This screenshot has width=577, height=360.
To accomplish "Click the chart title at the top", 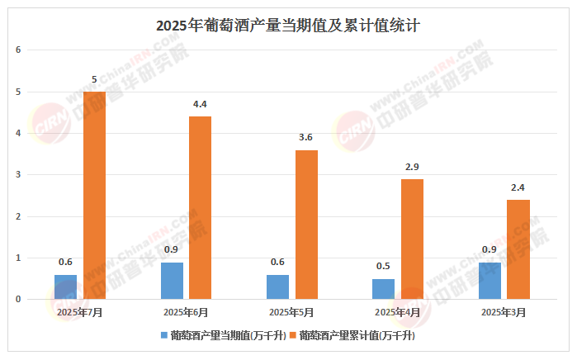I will [x=288, y=25].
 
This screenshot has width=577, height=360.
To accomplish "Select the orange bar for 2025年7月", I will [x=94, y=195].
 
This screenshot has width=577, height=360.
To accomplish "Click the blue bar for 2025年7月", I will [x=65, y=287].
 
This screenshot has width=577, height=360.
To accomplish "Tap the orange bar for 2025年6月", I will [x=200, y=207].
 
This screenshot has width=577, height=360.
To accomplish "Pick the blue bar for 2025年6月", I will [x=172, y=281].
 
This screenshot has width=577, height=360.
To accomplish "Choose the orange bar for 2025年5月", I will [x=306, y=224].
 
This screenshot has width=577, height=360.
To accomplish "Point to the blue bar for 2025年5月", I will [x=277, y=287].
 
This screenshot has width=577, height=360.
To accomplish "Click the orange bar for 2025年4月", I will [x=412, y=239].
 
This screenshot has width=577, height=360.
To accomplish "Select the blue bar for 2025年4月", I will [x=383, y=289].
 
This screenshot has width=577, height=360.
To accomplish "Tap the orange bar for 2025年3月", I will [x=518, y=249].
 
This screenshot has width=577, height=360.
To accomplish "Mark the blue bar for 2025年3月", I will [x=490, y=281].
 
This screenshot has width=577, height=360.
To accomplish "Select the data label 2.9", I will [x=412, y=167].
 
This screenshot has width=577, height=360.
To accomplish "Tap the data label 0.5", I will [x=383, y=267].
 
